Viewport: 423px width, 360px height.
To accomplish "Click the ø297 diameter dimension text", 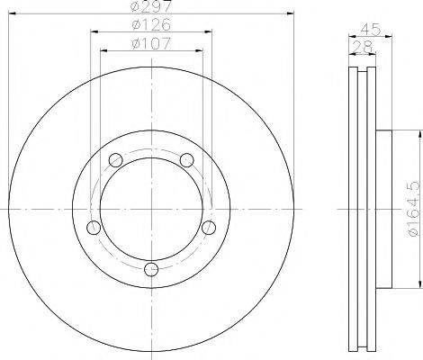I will [x=151, y=8].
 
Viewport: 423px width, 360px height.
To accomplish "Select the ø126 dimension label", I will [x=151, y=25].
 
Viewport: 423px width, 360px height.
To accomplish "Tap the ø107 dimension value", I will [x=151, y=42].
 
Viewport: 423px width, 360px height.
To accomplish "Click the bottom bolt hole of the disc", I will [x=151, y=268].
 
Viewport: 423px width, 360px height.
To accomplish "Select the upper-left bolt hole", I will [x=114, y=160].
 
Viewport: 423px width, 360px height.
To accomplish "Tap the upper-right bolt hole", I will [x=187, y=160].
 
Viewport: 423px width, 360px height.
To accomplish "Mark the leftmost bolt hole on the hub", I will [x=93, y=227].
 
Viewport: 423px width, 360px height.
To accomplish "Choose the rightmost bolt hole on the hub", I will [x=210, y=227].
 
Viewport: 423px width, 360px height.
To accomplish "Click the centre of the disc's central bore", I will [x=151, y=208].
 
